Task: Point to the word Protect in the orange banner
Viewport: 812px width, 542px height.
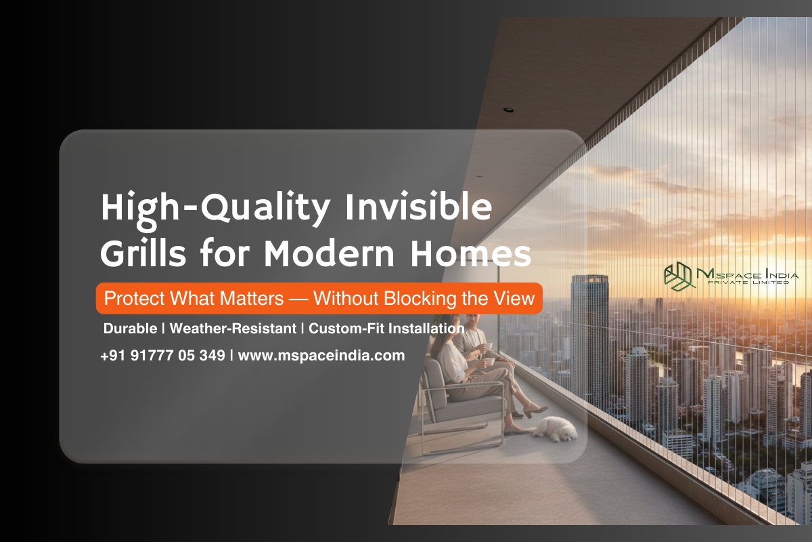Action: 133,298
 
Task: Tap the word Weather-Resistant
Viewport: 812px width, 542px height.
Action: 233,329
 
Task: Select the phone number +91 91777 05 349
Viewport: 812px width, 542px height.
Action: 162,355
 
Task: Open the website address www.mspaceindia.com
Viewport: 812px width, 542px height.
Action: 321,355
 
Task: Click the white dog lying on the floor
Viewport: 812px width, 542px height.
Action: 554,428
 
